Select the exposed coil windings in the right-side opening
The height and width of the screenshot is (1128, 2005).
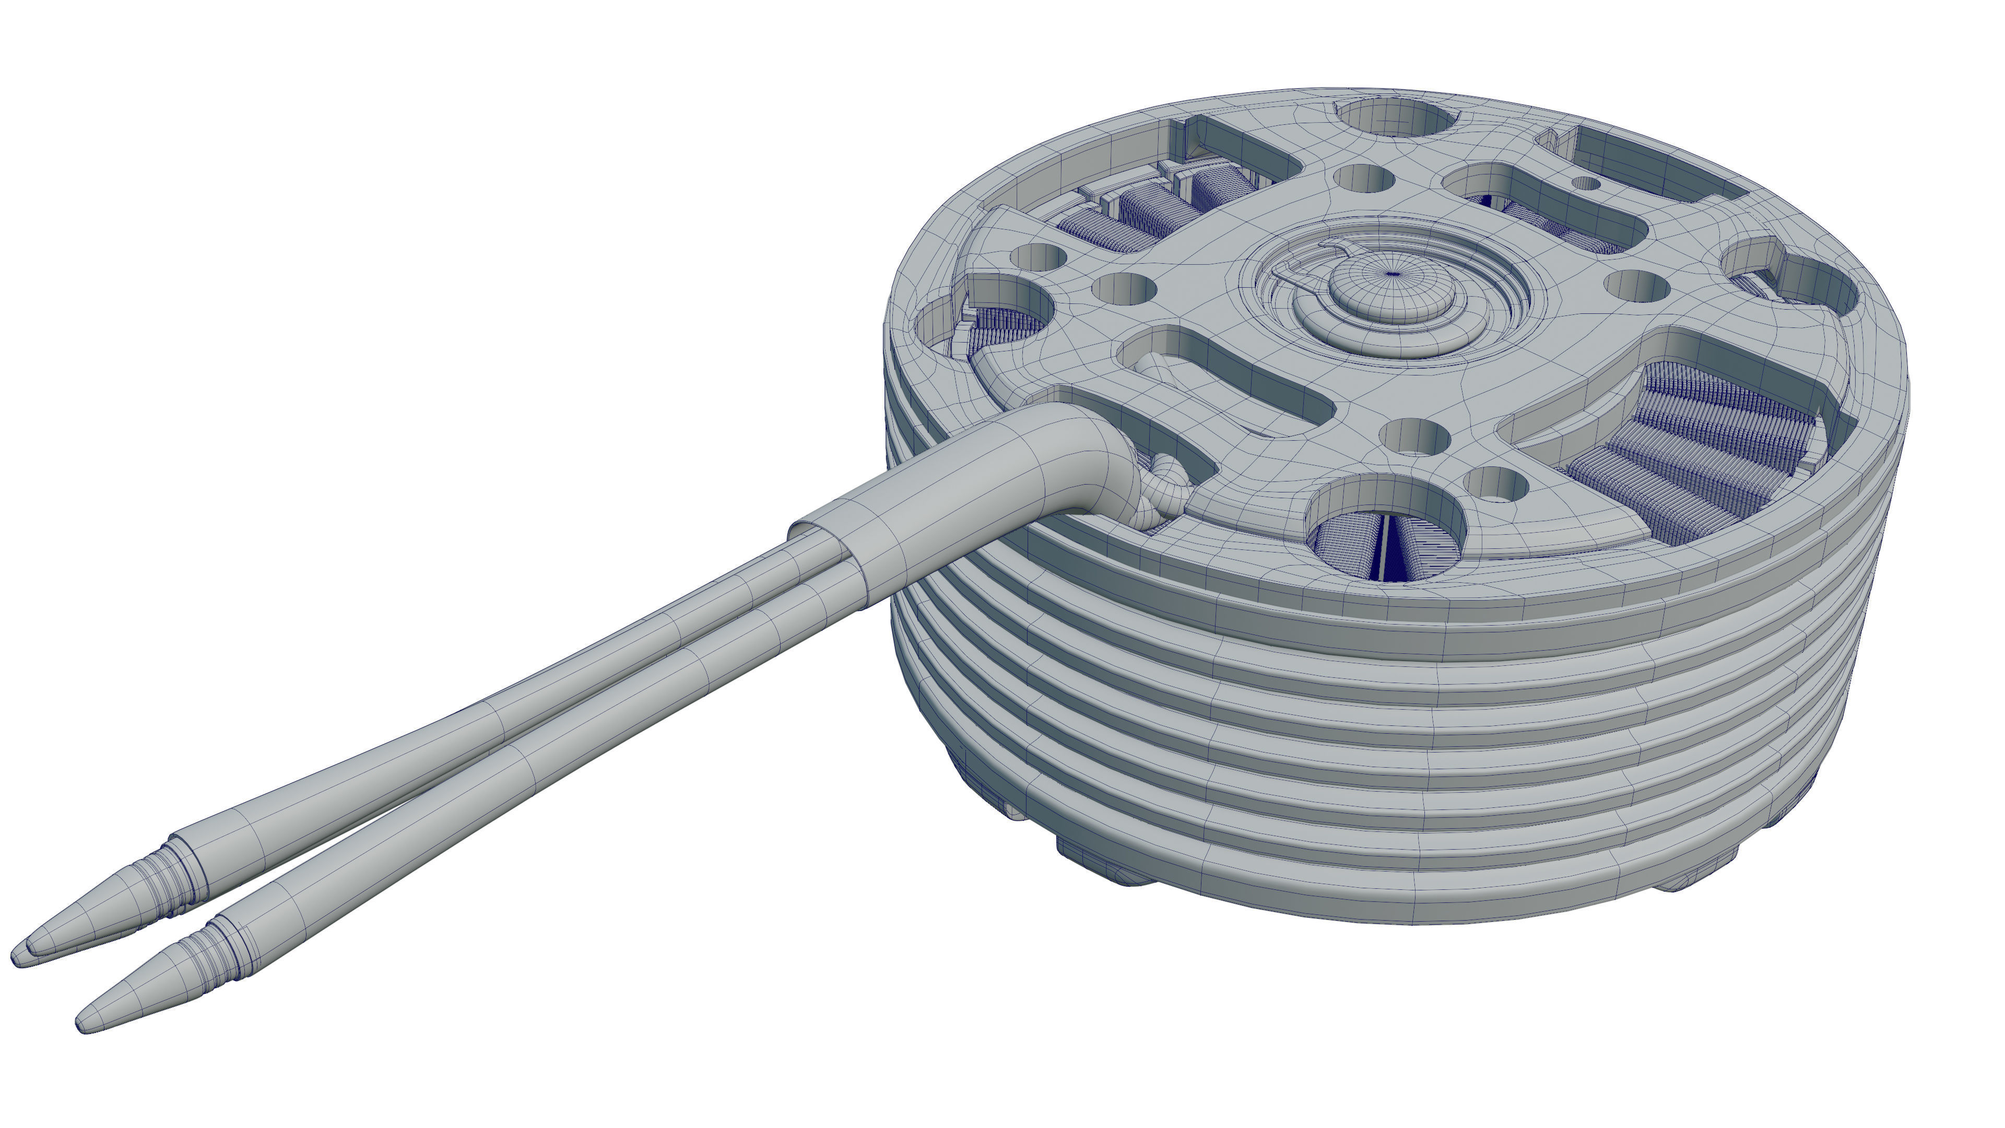coord(1697,452)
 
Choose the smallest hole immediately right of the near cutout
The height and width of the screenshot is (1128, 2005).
coord(1494,483)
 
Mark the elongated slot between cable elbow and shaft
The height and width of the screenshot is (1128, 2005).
coord(1222,381)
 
